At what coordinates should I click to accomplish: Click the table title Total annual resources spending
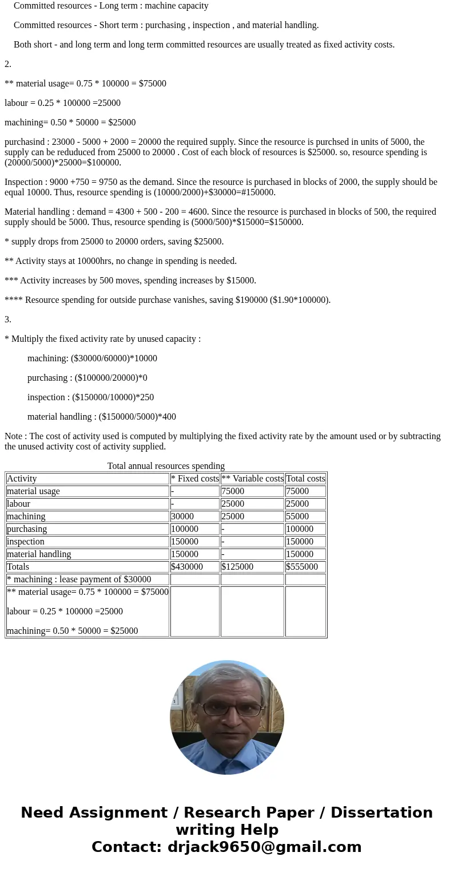[x=166, y=466]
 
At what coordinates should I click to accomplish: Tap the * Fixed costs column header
[x=194, y=479]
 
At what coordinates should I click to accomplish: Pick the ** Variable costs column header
[x=252, y=479]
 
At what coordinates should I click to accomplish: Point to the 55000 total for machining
[x=297, y=516]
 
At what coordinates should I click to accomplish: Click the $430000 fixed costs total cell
[x=187, y=567]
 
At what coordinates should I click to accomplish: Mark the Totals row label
[x=18, y=567]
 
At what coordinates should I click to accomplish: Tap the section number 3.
[x=8, y=319]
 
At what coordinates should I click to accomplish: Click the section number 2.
[x=8, y=64]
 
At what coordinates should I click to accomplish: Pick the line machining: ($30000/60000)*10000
[x=92, y=358]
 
